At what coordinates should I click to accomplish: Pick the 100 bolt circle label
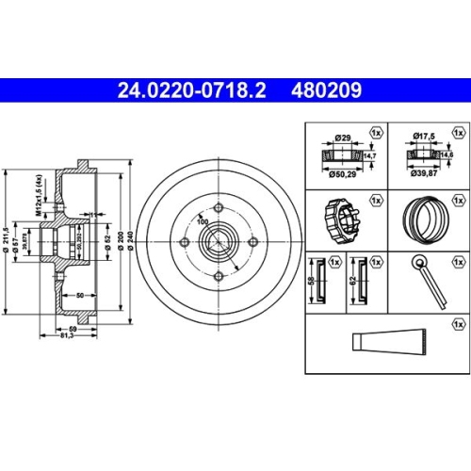tap(201, 221)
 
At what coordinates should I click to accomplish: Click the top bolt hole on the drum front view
tap(217, 209)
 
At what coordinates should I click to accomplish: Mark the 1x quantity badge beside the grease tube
tap(459, 323)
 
